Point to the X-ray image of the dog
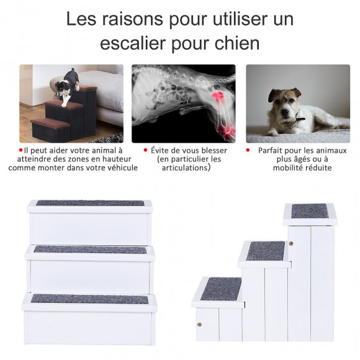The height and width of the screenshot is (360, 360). [x=183, y=103]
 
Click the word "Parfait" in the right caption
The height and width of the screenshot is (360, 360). [x=274, y=151]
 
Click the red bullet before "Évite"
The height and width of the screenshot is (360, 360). [x=145, y=151]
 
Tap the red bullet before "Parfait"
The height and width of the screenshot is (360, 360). [x=248, y=151]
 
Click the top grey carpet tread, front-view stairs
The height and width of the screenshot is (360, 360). [x=89, y=203]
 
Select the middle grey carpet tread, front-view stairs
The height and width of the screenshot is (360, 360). [x=90, y=250]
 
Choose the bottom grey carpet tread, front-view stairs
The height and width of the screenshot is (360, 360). [x=89, y=299]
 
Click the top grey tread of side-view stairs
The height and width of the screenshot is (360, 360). [x=309, y=211]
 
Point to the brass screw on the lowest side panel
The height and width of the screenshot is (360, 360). [x=200, y=325]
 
